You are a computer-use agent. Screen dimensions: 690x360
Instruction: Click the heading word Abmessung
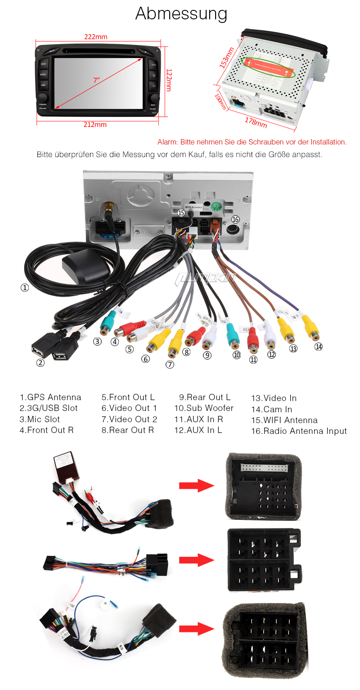[x=181, y=14]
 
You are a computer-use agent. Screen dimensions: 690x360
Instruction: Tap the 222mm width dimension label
[x=96, y=36]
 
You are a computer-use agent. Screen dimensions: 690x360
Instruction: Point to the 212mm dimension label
[x=95, y=124]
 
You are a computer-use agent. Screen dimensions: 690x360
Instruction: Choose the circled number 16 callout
[x=235, y=219]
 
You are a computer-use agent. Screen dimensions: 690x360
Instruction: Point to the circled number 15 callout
[x=181, y=212]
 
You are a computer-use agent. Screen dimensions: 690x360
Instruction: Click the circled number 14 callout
[x=319, y=347]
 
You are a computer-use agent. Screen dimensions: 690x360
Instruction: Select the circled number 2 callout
[x=40, y=363]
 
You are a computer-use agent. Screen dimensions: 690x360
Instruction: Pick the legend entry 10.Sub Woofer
[x=204, y=408]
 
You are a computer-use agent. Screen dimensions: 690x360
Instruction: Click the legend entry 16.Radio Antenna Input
[x=299, y=431]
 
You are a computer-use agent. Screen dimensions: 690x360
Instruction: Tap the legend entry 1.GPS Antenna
[x=50, y=397]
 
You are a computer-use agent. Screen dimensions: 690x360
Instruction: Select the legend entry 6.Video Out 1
[x=129, y=408]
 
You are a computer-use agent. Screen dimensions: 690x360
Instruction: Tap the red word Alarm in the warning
[x=167, y=142]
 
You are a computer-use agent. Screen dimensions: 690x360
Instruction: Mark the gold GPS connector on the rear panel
[x=108, y=207]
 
